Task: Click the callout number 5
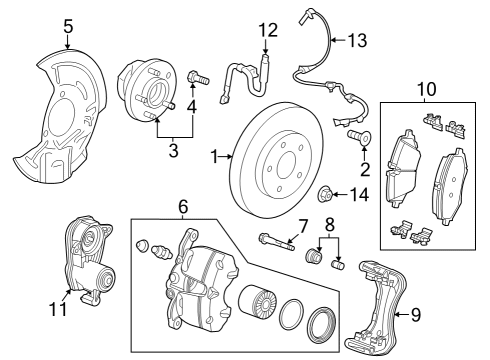point(68,27)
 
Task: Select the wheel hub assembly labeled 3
point(142,89)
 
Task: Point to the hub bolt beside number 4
point(196,76)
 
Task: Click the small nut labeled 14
point(327,192)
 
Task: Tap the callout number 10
point(427,90)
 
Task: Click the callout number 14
point(360,193)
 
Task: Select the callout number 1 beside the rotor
point(214,156)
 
